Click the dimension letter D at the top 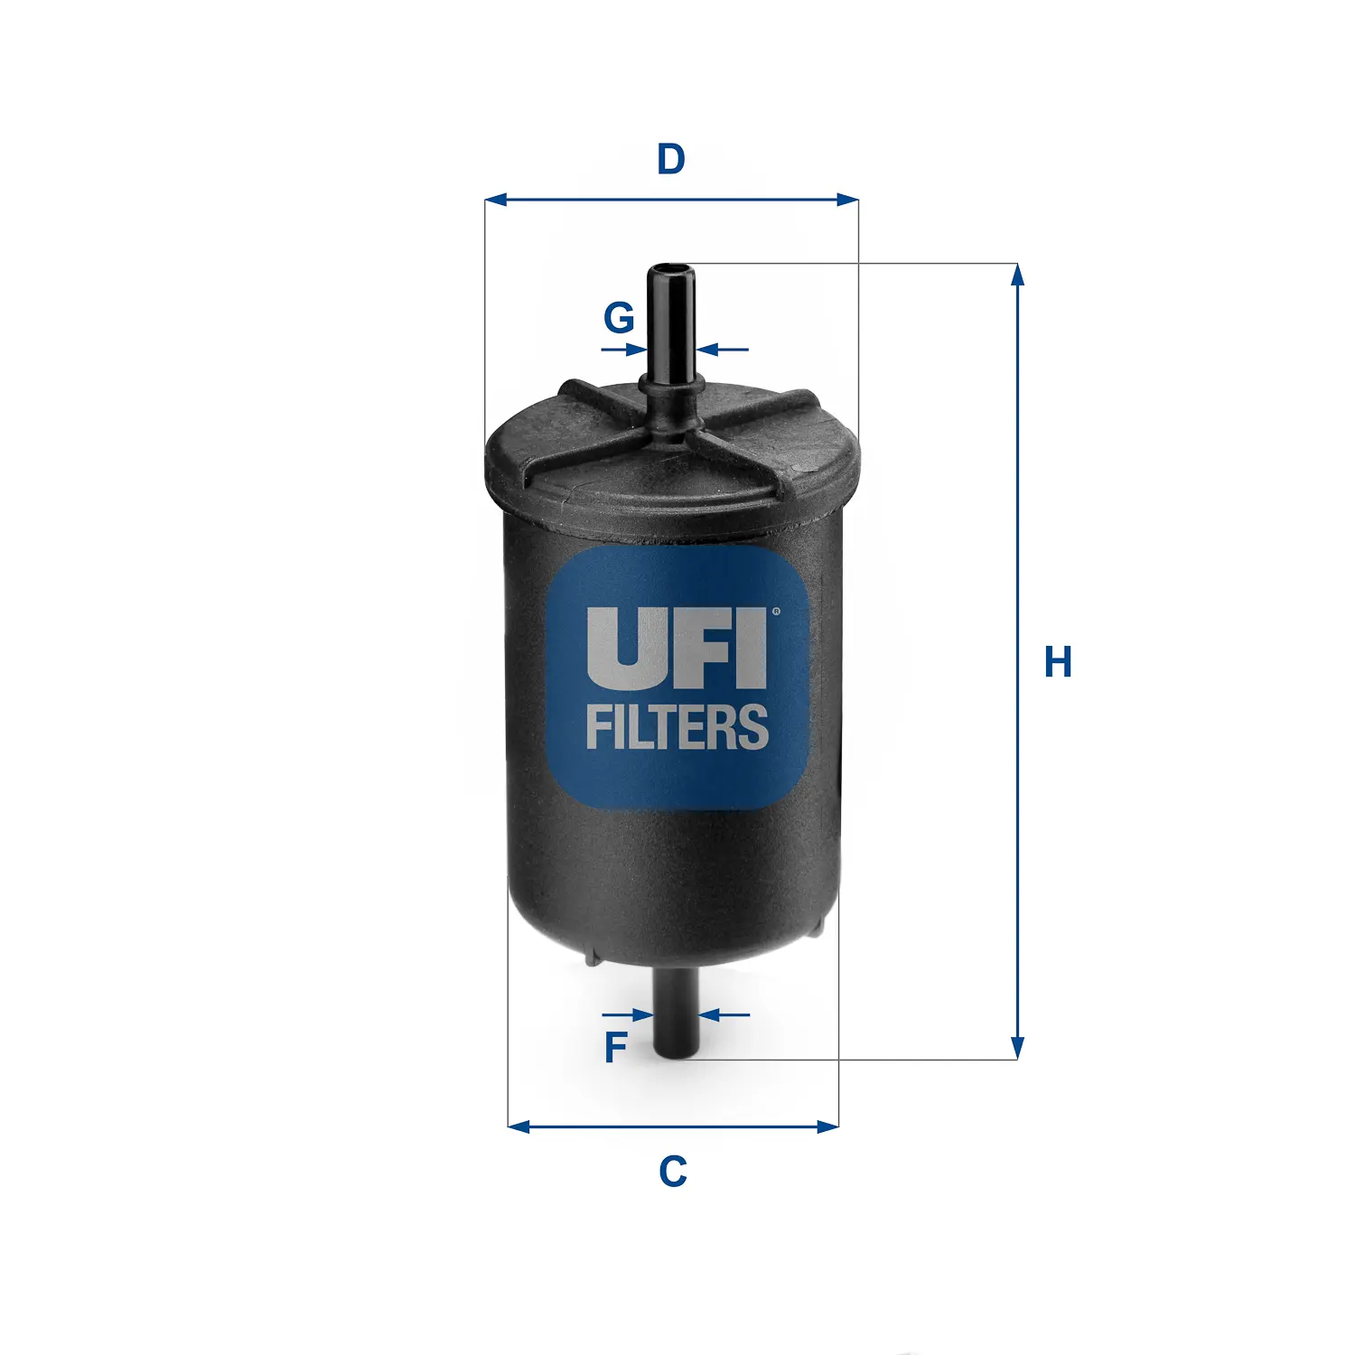pos(671,159)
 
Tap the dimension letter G pos(619,318)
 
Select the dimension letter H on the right pos(1058,662)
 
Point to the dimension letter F pos(615,1048)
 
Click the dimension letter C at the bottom pos(673,1172)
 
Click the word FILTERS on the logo pos(677,728)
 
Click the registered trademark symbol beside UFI pos(775,612)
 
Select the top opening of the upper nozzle pos(670,268)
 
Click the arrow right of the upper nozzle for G pos(710,350)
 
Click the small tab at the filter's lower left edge pos(592,957)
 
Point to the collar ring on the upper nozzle pos(671,383)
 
